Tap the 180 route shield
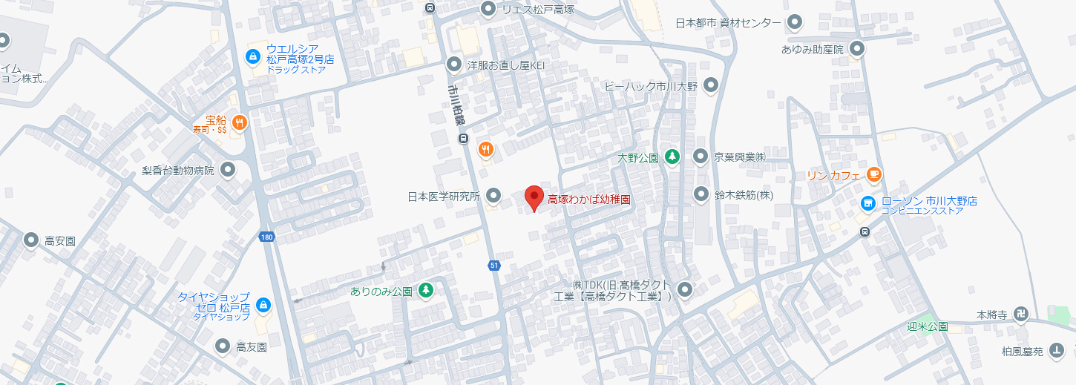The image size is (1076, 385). (x=267, y=237)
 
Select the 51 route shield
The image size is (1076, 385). (x=493, y=265)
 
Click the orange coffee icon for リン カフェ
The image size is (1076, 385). (x=873, y=175)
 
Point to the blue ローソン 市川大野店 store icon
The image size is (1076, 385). (x=867, y=203)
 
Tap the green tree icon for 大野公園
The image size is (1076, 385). (x=672, y=157)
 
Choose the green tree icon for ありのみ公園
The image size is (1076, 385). (x=426, y=291)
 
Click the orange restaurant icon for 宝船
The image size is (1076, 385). (x=238, y=122)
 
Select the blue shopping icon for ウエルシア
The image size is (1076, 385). (x=253, y=56)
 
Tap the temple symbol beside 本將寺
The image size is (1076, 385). (x=1021, y=315)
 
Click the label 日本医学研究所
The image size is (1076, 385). (x=444, y=197)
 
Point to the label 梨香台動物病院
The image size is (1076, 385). (x=178, y=171)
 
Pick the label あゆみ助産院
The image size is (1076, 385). (x=812, y=50)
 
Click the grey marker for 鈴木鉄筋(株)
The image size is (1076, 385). (x=701, y=195)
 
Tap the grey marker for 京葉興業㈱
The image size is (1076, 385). (x=701, y=157)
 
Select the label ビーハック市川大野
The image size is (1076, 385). (x=651, y=86)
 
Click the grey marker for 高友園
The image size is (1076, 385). (x=223, y=346)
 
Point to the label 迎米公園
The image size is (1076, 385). (x=927, y=326)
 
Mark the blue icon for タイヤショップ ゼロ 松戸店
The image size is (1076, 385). (x=263, y=305)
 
